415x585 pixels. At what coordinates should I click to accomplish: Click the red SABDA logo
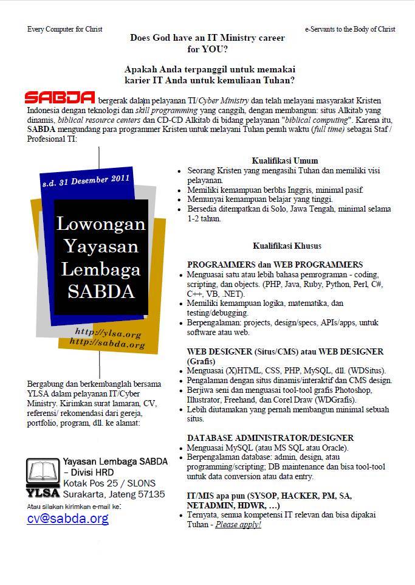[x=60, y=99]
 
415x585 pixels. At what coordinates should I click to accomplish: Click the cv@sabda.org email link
[x=67, y=518]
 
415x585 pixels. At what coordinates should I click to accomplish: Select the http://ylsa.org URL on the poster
[x=108, y=333]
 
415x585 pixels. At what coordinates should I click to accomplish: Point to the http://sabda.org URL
[x=108, y=344]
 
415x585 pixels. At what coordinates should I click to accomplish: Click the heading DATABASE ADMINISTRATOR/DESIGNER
[x=270, y=438]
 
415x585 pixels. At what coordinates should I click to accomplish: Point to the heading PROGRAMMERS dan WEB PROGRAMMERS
[x=275, y=265]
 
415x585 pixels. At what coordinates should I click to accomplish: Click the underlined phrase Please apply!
[x=238, y=524]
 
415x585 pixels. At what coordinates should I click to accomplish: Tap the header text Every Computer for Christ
[x=65, y=29]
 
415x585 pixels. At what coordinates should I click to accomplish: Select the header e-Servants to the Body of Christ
[x=350, y=29]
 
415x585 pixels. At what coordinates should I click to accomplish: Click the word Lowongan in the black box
[x=101, y=224]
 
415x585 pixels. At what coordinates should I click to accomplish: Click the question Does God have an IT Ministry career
[x=207, y=38]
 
